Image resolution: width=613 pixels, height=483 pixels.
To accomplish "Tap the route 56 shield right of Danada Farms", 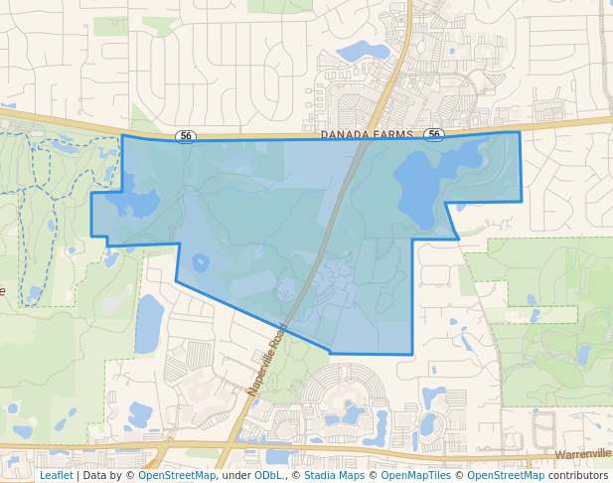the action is coord(433,134).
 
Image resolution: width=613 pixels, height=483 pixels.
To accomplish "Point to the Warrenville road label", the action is coord(582,454).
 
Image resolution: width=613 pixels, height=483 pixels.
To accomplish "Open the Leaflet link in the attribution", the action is coord(56,475).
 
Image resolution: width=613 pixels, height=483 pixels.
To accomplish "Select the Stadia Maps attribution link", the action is coord(334,475).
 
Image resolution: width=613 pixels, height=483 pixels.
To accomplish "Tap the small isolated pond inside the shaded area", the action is coord(201,263).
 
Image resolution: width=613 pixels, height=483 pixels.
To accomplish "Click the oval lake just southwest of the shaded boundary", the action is coord(149,323).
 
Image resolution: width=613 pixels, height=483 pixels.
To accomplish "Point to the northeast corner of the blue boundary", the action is coord(520,132).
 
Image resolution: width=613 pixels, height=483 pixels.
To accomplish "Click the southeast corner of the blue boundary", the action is coord(411,354).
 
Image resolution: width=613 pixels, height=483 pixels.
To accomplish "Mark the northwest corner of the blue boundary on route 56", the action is coord(121,137).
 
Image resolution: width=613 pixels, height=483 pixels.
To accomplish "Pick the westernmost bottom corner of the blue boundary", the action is coord(92,236).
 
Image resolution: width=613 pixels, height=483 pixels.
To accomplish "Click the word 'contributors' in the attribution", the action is coord(580,475).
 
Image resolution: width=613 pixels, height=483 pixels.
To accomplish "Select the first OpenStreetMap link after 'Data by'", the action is coord(177,475).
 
